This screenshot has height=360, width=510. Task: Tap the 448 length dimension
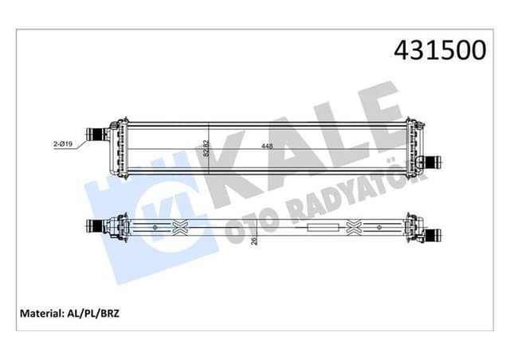[266, 147]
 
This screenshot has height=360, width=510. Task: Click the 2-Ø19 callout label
[64, 144]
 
